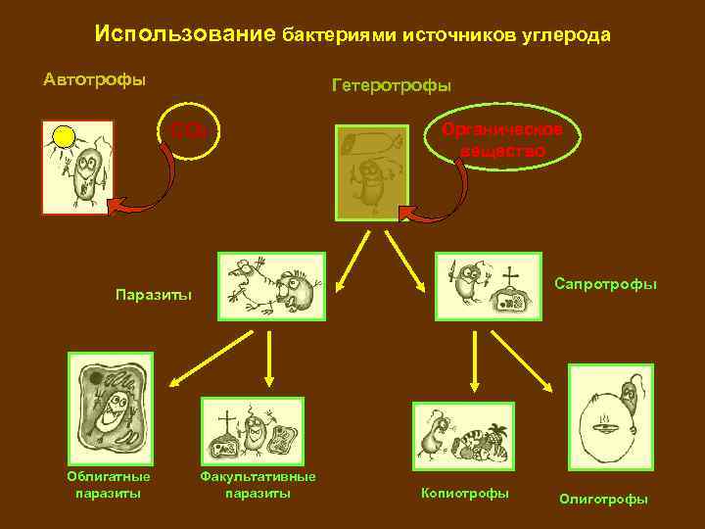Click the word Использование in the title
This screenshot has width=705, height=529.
[x=185, y=34]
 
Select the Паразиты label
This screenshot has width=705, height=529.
[x=154, y=294]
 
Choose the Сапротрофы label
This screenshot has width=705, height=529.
[x=605, y=284]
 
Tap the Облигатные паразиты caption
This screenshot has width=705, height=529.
[x=108, y=484]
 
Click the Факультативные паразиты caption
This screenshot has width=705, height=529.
[x=258, y=484]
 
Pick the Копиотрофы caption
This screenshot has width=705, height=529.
[x=464, y=493]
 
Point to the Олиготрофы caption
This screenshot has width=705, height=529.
[x=603, y=499]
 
